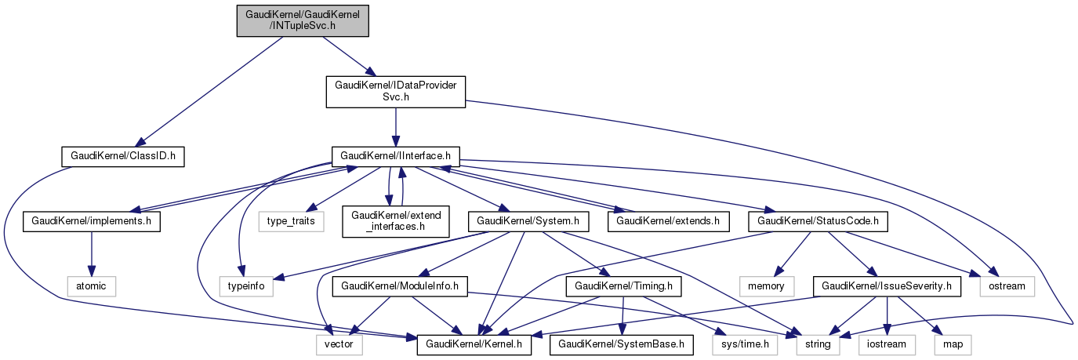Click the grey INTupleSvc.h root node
click(303, 20)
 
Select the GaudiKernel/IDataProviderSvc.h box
click(396, 92)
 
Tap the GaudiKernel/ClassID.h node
click(122, 156)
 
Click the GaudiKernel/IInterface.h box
click(395, 156)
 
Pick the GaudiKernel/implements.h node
click(92, 222)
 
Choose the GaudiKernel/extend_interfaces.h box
click(396, 222)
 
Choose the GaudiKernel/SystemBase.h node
click(622, 344)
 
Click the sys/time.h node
click(745, 344)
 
